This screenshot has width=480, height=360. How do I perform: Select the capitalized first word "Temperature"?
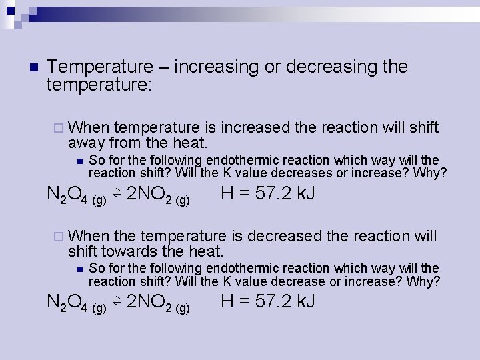[x=101, y=67]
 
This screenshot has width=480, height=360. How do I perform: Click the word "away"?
[x=86, y=143]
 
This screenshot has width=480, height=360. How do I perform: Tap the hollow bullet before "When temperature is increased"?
[x=58, y=128]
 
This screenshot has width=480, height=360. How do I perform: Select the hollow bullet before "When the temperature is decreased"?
[x=58, y=237]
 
